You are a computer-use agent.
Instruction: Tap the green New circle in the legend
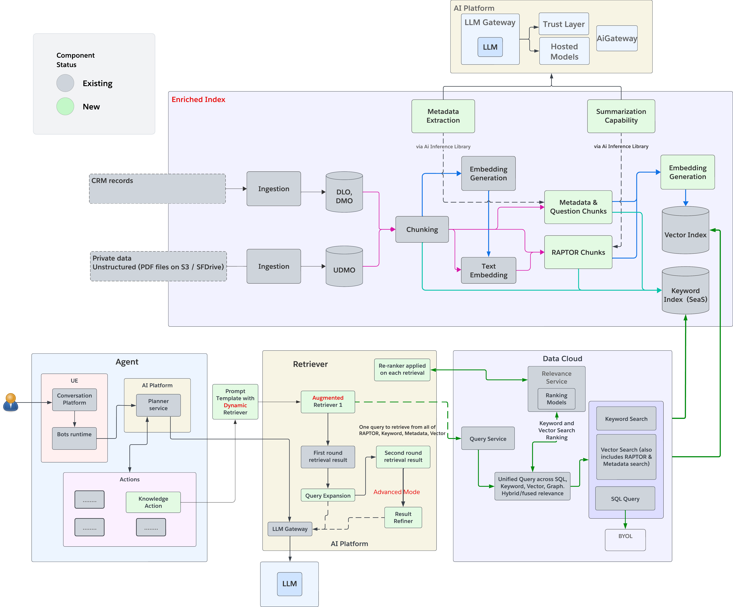click(x=65, y=107)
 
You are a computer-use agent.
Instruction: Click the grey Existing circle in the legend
click(x=65, y=83)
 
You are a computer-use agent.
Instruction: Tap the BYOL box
click(x=625, y=540)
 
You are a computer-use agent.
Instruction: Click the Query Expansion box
click(x=328, y=495)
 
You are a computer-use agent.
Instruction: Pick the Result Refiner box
click(x=403, y=517)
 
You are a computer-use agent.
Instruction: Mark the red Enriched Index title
click(x=198, y=99)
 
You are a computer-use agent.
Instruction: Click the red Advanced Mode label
click(x=397, y=492)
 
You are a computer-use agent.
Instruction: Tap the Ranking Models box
click(x=556, y=399)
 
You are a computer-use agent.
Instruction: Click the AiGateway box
click(x=617, y=38)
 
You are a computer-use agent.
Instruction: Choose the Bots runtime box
click(x=74, y=438)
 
